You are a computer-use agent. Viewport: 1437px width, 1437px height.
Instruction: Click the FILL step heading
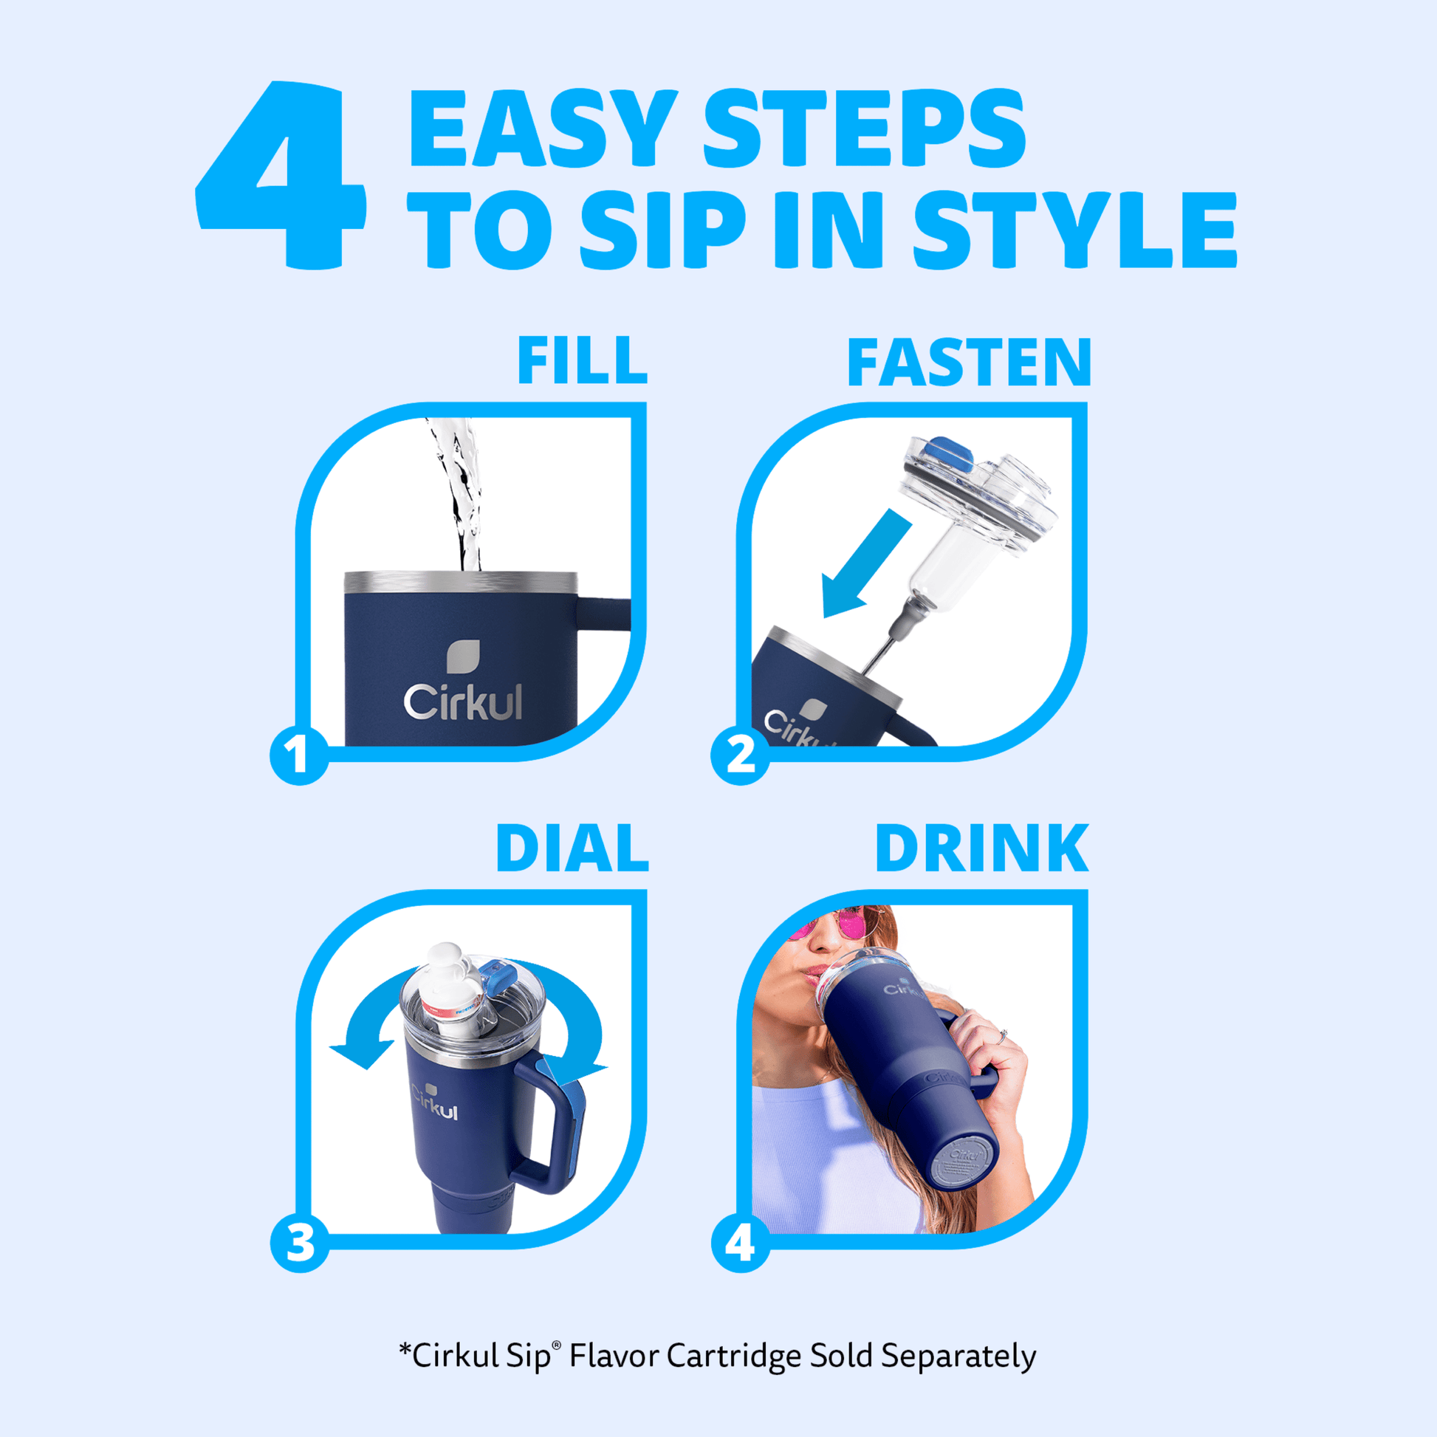(x=583, y=361)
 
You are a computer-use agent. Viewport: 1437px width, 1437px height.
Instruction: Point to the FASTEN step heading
(x=969, y=363)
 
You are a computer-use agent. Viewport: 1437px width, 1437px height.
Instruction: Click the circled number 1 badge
(x=299, y=755)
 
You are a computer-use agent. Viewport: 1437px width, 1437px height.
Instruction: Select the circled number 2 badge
(x=740, y=755)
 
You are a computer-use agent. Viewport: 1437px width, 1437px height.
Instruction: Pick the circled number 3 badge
(x=300, y=1242)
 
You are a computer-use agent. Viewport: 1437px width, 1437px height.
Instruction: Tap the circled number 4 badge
(x=741, y=1242)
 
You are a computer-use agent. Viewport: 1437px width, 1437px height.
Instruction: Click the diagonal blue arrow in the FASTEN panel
(x=865, y=563)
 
